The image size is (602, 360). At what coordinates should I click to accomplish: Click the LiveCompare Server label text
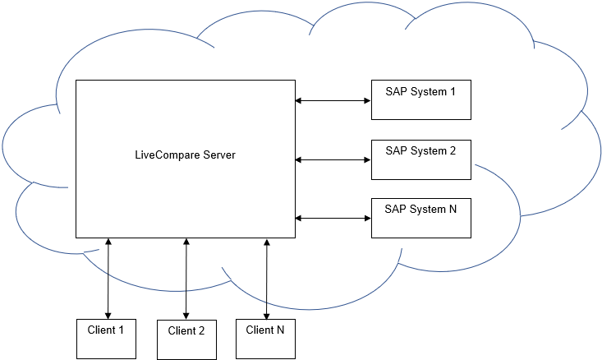point(185,155)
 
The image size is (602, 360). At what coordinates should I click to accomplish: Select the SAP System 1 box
point(421,99)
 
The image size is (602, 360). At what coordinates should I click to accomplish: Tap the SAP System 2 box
point(421,159)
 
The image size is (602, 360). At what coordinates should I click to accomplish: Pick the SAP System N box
point(421,218)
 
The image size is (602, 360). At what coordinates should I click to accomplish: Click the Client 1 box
point(106,338)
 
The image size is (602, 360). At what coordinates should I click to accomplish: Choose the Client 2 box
point(186,339)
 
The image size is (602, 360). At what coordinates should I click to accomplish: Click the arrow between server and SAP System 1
point(333,101)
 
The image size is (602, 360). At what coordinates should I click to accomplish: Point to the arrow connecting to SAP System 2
point(333,159)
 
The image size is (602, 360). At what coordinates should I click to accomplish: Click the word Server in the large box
point(217,155)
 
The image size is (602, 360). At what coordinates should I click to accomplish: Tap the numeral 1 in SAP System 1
point(453,91)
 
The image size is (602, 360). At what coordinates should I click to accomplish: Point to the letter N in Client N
point(280,330)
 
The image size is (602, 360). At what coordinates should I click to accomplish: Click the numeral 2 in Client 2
point(201,331)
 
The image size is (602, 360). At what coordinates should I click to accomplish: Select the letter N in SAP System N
point(453,210)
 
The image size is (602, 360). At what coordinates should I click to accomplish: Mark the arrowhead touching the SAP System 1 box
point(367,101)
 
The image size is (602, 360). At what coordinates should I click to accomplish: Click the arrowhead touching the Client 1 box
point(107,314)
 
